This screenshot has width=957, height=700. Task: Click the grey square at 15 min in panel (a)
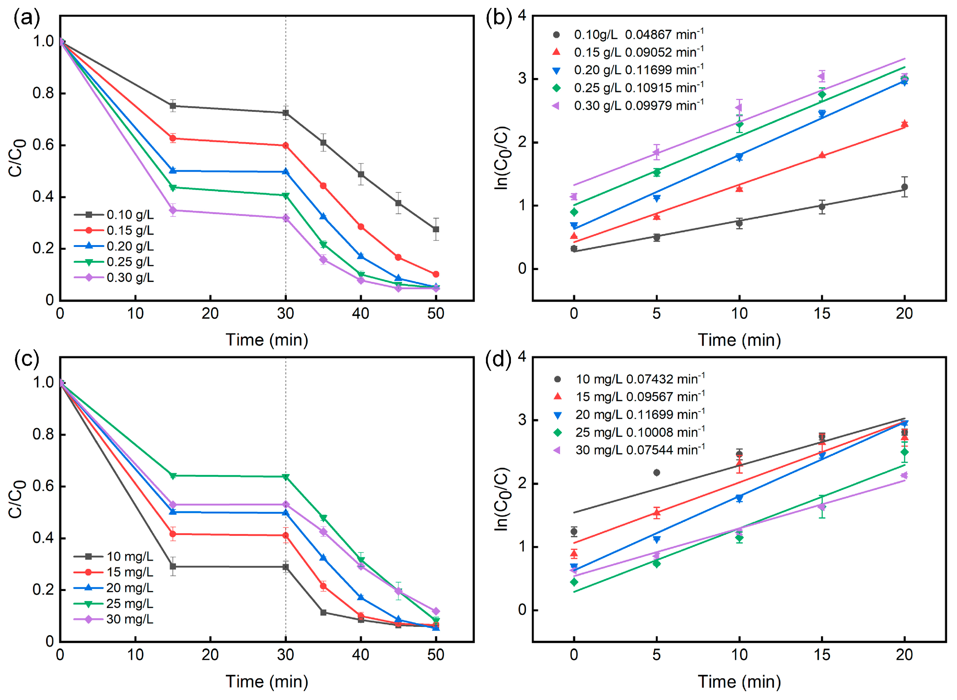(173, 106)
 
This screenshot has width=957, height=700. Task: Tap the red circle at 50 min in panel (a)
(436, 274)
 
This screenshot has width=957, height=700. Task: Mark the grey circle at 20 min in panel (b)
(904, 187)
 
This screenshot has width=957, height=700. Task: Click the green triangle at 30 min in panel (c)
(286, 477)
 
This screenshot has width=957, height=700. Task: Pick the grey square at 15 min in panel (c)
(173, 567)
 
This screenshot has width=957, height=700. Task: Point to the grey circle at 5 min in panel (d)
(657, 473)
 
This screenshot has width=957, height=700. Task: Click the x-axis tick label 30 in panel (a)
(286, 314)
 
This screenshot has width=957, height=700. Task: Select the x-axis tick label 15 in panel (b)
(822, 314)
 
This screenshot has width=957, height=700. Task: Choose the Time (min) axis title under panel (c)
(267, 682)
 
